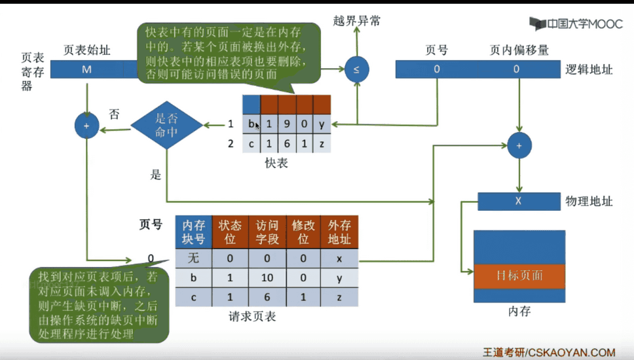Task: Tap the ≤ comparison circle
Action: click(x=357, y=69)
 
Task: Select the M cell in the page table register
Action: click(x=86, y=69)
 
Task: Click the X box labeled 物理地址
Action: click(x=518, y=201)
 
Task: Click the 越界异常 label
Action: click(x=357, y=20)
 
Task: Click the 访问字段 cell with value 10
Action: click(x=267, y=278)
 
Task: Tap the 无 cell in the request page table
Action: click(x=193, y=259)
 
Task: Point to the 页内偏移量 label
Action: click(x=519, y=50)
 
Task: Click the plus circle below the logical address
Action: click(x=519, y=146)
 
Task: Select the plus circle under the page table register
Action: click(x=86, y=125)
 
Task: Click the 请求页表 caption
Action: click(x=252, y=317)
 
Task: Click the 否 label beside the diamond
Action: click(x=114, y=114)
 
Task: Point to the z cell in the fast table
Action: click(x=322, y=143)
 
